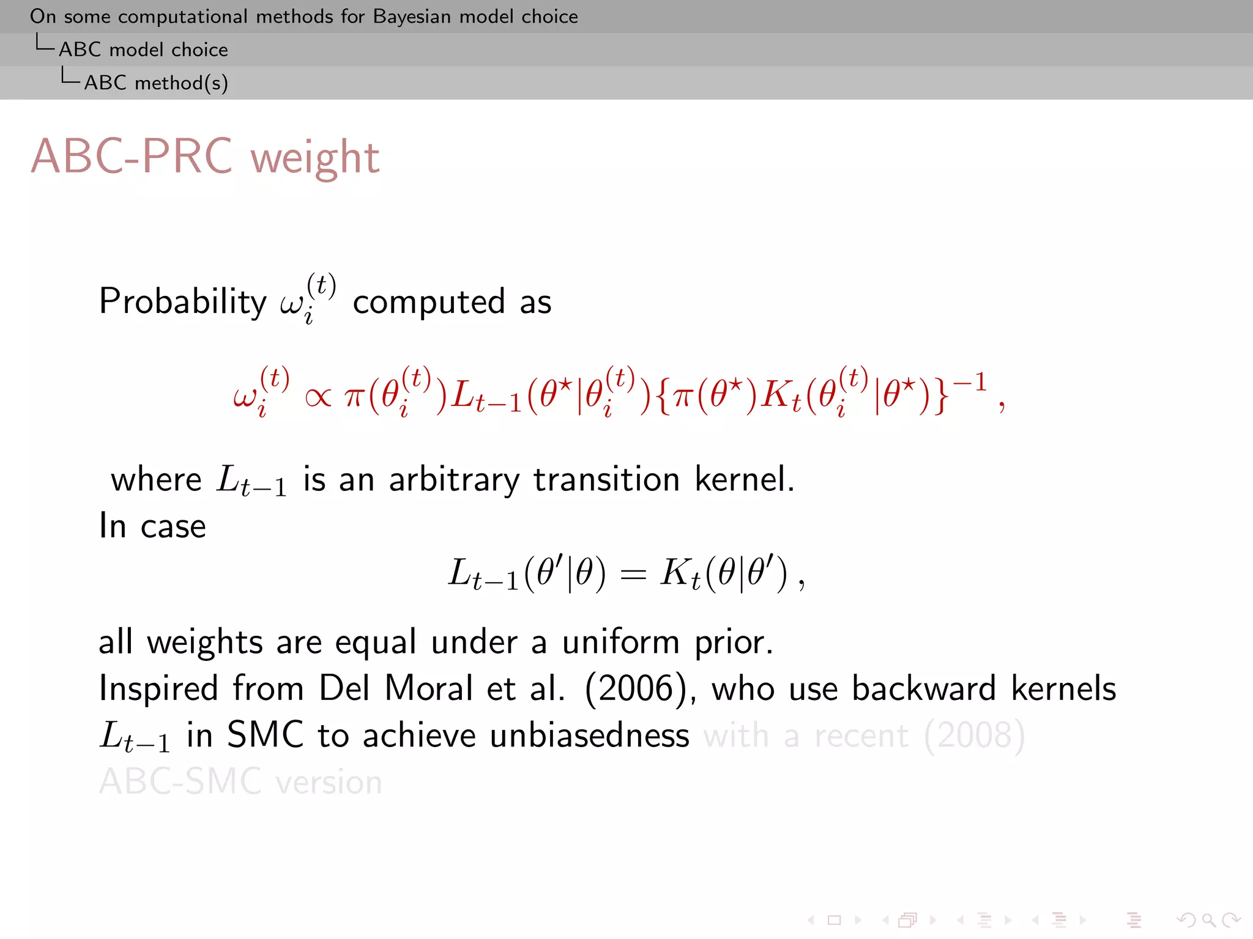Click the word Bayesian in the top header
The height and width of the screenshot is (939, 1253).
point(412,17)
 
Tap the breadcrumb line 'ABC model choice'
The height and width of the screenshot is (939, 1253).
point(143,50)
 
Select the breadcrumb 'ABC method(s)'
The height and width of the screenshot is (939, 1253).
point(156,83)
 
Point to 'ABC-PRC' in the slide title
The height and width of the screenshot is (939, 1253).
point(132,156)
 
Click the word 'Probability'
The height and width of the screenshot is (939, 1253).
point(183,302)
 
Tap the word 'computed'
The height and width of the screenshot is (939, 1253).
point(429,302)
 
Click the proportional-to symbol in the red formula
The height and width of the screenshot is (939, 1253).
point(318,398)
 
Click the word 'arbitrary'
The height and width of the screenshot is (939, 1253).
point(453,480)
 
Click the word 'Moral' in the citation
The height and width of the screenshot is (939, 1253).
point(429,688)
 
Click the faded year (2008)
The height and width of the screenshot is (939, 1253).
point(974,735)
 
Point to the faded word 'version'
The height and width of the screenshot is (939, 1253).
point(329,782)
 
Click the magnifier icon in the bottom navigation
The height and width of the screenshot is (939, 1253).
point(1208,920)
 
